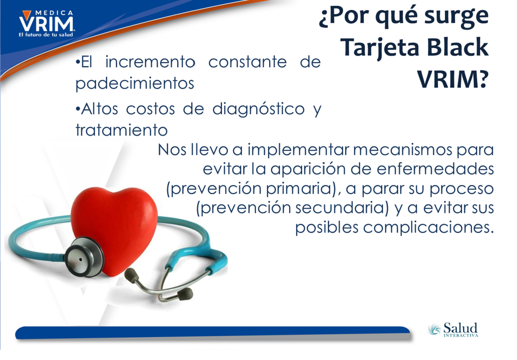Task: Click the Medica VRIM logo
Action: tap(46, 23)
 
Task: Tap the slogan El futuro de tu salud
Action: tap(46, 35)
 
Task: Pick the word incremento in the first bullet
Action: tap(150, 62)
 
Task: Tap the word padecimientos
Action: tap(135, 84)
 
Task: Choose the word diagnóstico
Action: tap(258, 109)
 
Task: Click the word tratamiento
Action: tap(121, 130)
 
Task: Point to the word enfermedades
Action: tap(435, 169)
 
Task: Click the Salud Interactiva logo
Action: tap(453, 330)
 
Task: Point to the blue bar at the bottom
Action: tap(212, 333)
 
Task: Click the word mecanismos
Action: tap(403, 150)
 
